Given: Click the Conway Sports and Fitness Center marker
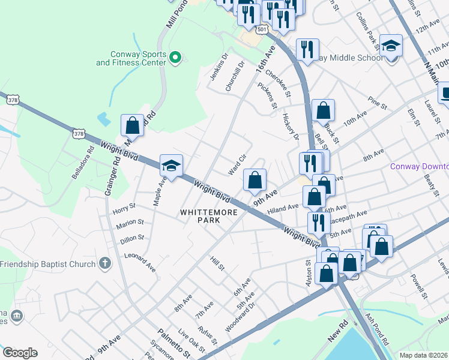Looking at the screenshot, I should pos(175,58).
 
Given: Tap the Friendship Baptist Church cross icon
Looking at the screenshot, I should pos(105,263).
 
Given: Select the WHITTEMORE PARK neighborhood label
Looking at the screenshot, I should pos(201,216).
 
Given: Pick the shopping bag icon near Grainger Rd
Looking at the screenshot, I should pos(133,125).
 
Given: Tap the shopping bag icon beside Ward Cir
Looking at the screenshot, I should pos(255,180).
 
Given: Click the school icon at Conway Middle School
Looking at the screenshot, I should pos(391,46).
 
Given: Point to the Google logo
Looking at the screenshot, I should pos(20,353).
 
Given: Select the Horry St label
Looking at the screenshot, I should pos(124,209).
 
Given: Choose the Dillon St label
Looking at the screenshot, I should pos(131,238).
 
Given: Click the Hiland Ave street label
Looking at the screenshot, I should pos(283,208).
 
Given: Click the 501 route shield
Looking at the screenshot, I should pos(261,29).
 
